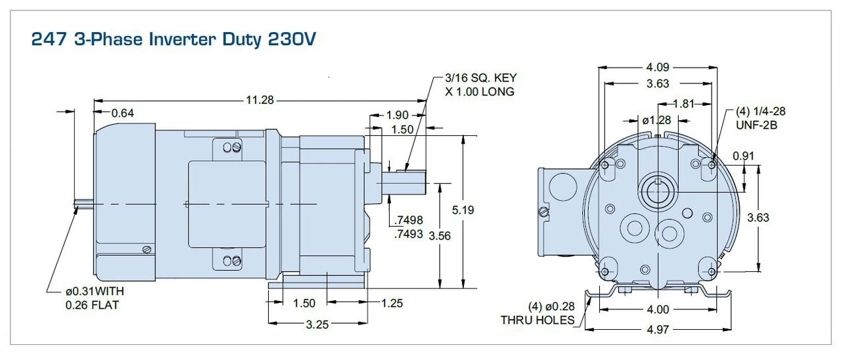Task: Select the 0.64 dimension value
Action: pos(124,113)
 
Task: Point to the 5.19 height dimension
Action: pos(464,210)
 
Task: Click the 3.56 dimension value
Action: pos(439,235)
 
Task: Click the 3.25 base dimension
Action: pos(318,324)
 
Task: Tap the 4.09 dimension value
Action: pos(658,67)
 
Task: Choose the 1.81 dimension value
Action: pos(685,103)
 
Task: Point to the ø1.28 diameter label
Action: pos(656,120)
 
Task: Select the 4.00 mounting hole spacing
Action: pos(657,309)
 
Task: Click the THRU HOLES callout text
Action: pos(537,320)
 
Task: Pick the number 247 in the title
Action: pos(45,39)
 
